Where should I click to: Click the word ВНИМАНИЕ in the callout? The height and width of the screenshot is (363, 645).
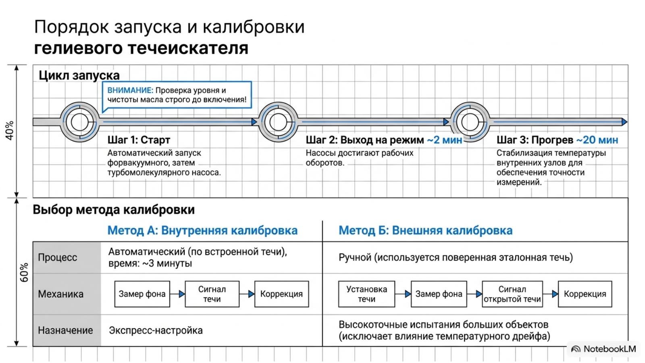click(130, 90)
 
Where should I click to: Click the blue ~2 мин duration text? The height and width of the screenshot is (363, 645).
click(445, 140)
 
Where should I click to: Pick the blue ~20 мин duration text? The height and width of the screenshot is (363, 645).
click(597, 140)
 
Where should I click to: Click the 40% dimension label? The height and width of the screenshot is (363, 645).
click(10, 131)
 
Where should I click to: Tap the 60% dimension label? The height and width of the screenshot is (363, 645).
click(24, 272)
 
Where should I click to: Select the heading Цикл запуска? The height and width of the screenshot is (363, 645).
click(79, 75)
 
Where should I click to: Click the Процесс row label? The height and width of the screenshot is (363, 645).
click(58, 257)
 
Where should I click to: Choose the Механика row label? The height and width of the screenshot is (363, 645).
click(61, 294)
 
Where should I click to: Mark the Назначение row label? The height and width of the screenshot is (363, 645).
click(65, 330)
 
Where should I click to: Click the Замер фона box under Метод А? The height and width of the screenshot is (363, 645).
click(142, 294)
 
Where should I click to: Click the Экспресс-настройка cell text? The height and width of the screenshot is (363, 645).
click(156, 330)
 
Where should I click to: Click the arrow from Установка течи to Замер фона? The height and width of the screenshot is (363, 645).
click(403, 294)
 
